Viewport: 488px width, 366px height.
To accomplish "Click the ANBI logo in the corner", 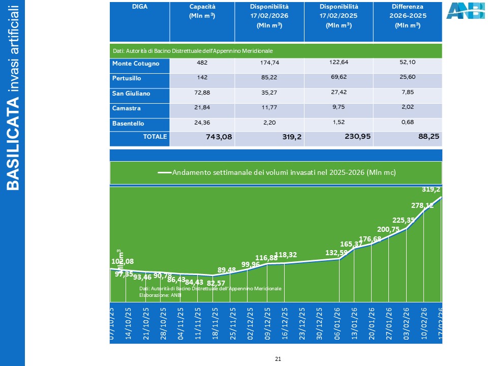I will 465,11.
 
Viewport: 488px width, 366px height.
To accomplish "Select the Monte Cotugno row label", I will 136,64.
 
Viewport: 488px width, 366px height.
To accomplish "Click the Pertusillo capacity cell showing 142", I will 201,79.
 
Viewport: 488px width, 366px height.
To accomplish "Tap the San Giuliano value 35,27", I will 270,94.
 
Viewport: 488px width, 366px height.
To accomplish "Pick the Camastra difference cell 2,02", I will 408,108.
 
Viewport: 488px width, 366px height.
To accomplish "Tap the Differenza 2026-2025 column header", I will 408,16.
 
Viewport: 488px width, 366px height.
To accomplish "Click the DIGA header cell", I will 140,7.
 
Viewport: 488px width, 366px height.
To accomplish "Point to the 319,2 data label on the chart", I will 431,190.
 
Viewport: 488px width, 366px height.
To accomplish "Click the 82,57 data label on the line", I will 216,283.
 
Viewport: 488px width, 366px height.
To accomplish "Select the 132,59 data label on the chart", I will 336,253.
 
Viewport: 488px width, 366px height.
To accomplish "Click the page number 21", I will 278,359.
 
